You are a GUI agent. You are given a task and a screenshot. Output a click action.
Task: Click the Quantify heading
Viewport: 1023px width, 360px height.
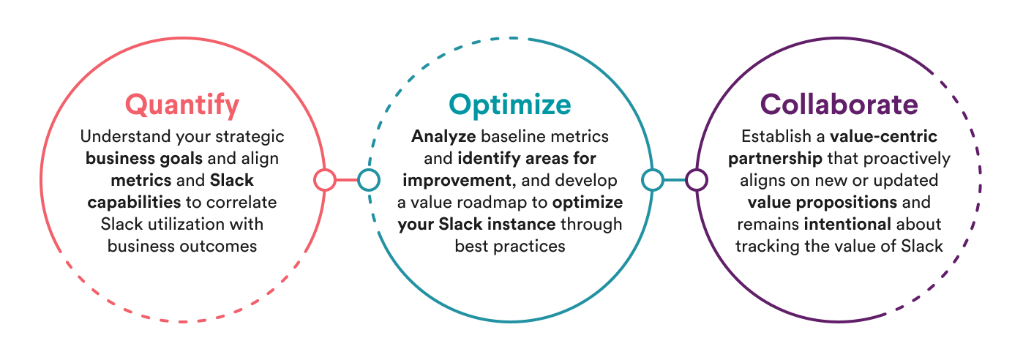(x=182, y=105)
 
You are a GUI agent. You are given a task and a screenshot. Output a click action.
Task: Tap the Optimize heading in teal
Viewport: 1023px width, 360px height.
(x=510, y=105)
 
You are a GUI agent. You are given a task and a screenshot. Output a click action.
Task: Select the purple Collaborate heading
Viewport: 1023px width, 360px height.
(x=839, y=105)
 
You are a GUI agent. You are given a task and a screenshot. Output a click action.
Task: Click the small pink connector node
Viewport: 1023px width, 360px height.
(x=325, y=179)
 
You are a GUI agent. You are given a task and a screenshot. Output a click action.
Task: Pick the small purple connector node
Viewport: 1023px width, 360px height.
(x=697, y=179)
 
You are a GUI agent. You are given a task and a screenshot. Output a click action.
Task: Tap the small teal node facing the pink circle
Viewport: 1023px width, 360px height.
(x=369, y=179)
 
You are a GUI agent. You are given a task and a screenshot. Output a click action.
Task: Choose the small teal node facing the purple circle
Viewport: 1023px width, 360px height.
(x=653, y=179)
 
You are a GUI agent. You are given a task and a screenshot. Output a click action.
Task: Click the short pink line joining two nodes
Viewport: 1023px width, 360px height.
(x=347, y=179)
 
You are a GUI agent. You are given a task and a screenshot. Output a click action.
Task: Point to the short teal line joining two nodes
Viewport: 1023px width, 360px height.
(x=675, y=179)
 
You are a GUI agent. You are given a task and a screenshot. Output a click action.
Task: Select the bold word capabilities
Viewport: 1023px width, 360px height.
(x=134, y=203)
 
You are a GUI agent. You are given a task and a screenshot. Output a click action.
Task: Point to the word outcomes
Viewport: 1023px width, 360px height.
(x=220, y=247)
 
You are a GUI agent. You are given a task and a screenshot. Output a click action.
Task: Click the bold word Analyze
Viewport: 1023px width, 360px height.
(x=443, y=137)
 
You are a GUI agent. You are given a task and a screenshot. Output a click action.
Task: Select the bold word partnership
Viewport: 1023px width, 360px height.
(x=775, y=159)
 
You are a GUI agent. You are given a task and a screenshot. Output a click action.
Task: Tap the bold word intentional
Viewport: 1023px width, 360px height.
(x=847, y=224)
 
